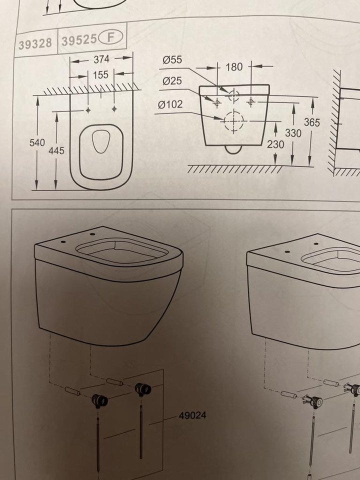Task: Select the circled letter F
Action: tap(110, 37)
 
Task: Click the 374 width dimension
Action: tap(101, 59)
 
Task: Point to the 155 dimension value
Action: tap(100, 74)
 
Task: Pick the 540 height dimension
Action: tap(37, 142)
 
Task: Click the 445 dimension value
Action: tap(56, 150)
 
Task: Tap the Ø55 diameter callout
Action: tap(172, 59)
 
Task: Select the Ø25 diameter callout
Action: tap(172, 81)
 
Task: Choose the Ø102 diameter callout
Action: tap(170, 104)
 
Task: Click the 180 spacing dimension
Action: tap(234, 67)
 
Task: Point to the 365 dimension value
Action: tap(311, 122)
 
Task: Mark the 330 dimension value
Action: tap(293, 133)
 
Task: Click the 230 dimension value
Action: tap(275, 144)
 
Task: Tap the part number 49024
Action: tap(192, 415)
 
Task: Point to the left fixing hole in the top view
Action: tap(88, 110)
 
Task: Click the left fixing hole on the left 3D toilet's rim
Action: tap(63, 242)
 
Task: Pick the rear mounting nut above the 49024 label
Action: tap(143, 389)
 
